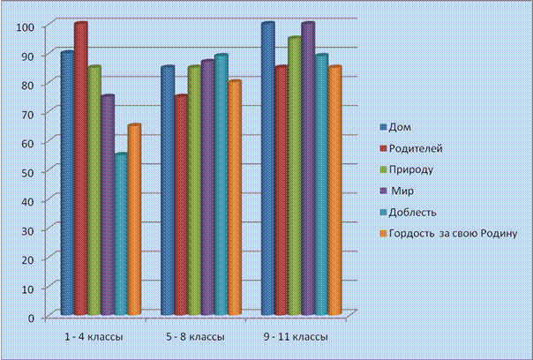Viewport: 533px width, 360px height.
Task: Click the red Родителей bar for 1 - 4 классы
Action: (81, 169)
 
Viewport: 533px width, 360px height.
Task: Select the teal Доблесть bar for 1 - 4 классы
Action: (121, 234)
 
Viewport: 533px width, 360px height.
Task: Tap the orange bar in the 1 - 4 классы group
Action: (134, 220)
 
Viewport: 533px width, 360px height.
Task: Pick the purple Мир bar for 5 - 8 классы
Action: (207, 187)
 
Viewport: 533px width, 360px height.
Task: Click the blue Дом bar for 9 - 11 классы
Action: (268, 169)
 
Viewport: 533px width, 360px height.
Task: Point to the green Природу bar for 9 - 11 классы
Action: (295, 176)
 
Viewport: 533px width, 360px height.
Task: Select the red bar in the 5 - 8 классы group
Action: (181, 205)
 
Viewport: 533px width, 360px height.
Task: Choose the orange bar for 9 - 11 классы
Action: (334, 191)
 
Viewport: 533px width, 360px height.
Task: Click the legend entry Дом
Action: (395, 127)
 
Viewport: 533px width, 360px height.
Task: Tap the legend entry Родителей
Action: (411, 148)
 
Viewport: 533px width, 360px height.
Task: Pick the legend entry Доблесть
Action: (408, 213)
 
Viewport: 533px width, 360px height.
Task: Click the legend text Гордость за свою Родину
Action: (453, 234)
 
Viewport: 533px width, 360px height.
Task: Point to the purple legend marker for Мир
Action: (384, 191)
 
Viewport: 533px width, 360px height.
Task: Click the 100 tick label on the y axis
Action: (26, 26)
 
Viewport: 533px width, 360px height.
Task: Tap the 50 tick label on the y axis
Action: (28, 172)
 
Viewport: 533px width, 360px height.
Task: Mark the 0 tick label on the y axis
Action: (31, 319)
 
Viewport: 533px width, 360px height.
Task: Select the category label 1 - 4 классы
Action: (94, 337)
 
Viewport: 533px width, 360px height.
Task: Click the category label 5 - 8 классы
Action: (195, 337)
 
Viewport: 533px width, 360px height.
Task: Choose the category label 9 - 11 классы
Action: (296, 337)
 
